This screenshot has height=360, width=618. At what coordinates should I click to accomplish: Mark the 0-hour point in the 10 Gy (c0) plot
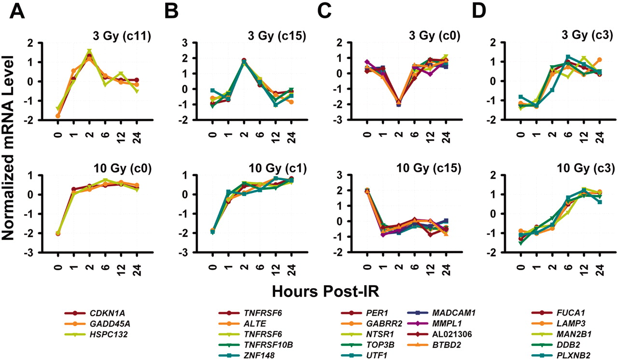click(x=58, y=233)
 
